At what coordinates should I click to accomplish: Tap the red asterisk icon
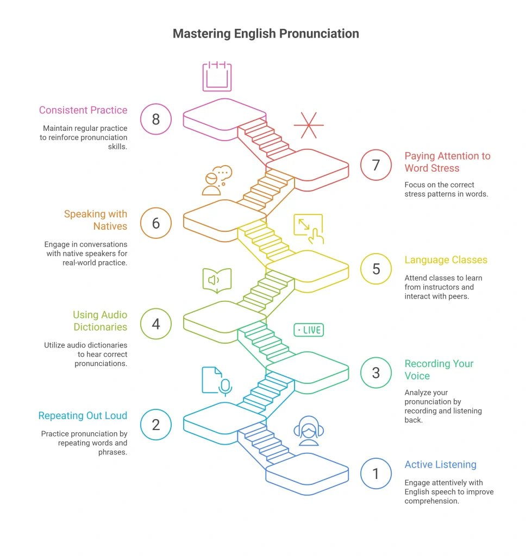point(309,125)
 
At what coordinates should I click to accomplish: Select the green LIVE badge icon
point(309,330)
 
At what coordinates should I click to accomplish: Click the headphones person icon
point(309,431)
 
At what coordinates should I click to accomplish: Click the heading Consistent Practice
point(83,110)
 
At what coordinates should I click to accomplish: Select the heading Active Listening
point(440,465)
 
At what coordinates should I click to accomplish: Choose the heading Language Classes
point(446,260)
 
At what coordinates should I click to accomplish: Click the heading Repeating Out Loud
point(83,415)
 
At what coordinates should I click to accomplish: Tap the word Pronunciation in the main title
point(319,34)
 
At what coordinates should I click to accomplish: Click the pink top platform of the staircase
point(224,115)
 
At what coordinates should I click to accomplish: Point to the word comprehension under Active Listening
point(431,501)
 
